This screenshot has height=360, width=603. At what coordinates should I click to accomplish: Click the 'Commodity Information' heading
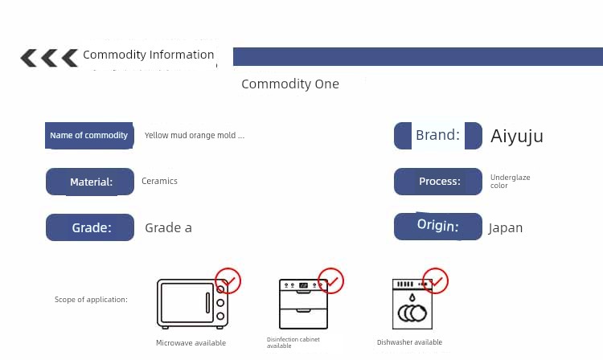(x=149, y=55)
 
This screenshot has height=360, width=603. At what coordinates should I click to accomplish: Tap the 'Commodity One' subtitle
(x=290, y=84)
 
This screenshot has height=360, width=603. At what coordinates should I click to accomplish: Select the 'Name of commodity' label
(x=89, y=136)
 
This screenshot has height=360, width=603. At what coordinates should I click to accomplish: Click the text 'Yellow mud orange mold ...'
(x=195, y=135)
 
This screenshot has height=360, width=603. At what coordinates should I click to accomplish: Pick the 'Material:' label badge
(x=90, y=182)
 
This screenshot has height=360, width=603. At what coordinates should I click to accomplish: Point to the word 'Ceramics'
(x=160, y=181)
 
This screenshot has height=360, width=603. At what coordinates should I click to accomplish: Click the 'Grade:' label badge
(x=90, y=227)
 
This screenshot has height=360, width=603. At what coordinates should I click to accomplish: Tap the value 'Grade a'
(x=169, y=228)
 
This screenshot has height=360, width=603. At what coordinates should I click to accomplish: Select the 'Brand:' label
(x=438, y=135)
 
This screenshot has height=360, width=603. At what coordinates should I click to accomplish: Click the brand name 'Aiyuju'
(x=517, y=137)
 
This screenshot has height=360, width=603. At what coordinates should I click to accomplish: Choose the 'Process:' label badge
(x=438, y=182)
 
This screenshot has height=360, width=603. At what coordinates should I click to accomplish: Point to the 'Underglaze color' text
(x=511, y=182)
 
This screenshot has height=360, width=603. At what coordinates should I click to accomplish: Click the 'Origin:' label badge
(x=438, y=227)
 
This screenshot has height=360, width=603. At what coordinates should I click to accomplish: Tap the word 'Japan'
(x=506, y=228)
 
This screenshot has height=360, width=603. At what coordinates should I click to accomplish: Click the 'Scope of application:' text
(x=91, y=299)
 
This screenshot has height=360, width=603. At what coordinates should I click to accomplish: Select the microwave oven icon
(x=192, y=304)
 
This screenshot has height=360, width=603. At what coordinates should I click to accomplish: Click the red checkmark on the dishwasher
(x=435, y=281)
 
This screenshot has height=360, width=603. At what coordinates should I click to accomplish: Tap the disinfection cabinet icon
(x=303, y=304)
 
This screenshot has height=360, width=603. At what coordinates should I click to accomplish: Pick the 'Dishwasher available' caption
(x=409, y=342)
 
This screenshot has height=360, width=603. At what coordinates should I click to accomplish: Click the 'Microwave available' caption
(x=191, y=342)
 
